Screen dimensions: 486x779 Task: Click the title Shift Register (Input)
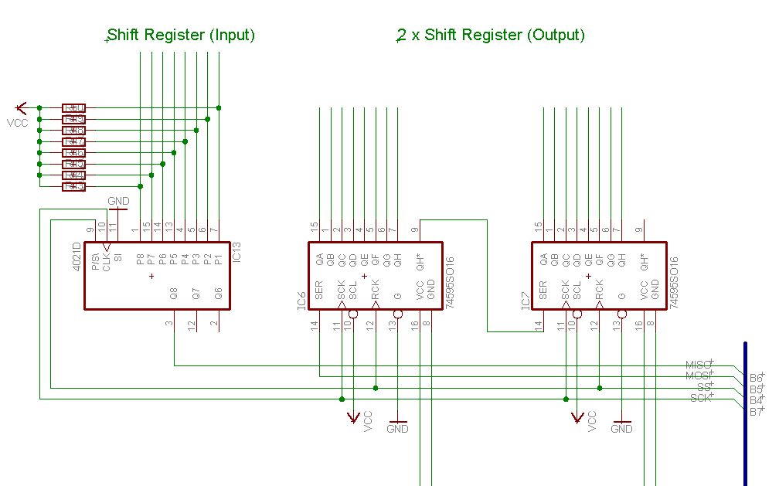[x=182, y=35]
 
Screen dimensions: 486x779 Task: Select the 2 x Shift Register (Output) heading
[x=491, y=35]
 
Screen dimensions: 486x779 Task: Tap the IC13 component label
[x=237, y=253]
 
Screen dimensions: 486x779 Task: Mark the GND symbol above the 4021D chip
[x=118, y=202]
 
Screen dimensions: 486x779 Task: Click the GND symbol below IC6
[x=397, y=428]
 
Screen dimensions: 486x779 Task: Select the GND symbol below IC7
[x=621, y=428]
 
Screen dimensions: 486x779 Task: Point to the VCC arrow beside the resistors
[x=21, y=107]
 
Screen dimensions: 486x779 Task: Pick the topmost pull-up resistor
[x=73, y=108]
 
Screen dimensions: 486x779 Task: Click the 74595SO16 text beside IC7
[x=674, y=283]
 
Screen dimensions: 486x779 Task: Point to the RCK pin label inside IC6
[x=376, y=289]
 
